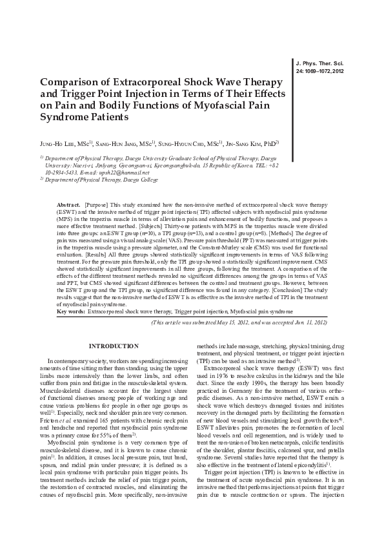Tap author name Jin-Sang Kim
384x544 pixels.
[x=253, y=143]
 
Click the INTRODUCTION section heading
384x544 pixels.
[x=113, y=346]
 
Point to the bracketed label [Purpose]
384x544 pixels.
[x=96, y=204]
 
